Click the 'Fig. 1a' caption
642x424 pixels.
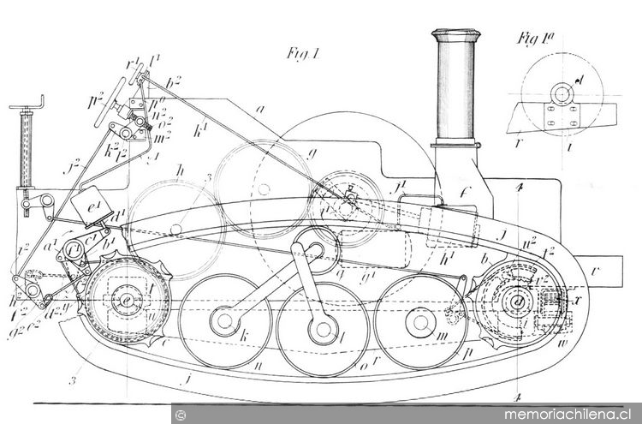coord(536,39)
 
